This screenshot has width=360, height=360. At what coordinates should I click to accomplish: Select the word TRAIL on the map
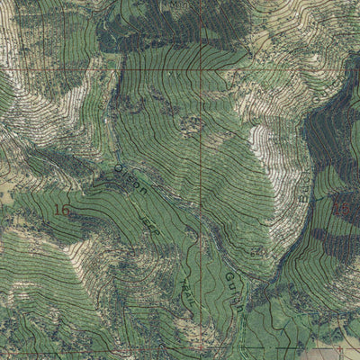(x=187, y=287)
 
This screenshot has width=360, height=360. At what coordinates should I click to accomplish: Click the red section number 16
(x=62, y=211)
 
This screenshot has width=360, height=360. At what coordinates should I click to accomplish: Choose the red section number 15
(x=340, y=209)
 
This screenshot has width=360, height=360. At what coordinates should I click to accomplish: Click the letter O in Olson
(x=118, y=168)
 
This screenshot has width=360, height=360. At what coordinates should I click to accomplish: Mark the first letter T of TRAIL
(x=183, y=275)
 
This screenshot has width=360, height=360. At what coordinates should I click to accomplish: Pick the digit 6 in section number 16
(x=66, y=211)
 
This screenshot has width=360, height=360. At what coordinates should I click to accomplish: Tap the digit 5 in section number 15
(x=345, y=209)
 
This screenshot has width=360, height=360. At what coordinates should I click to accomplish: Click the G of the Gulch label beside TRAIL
(x=229, y=278)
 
